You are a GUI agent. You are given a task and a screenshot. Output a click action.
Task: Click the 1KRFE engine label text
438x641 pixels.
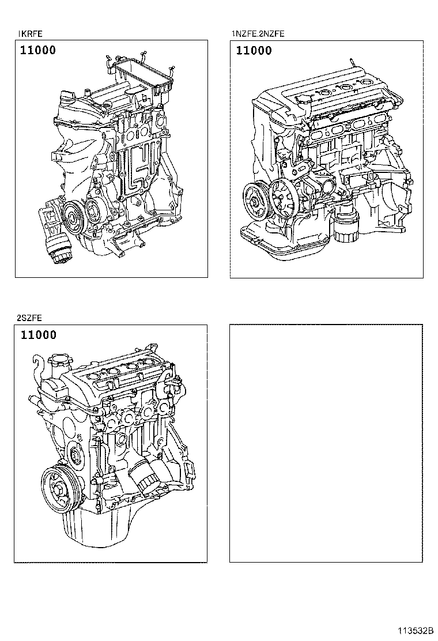[x=31, y=34]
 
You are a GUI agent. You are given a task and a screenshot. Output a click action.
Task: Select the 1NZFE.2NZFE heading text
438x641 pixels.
[x=258, y=34]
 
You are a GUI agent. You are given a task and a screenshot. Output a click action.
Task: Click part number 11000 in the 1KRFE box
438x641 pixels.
[x=39, y=50]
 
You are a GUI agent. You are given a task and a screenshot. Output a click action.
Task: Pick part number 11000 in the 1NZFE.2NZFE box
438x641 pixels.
[x=254, y=51]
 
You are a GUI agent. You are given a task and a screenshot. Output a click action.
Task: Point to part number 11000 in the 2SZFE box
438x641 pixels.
[x=39, y=335]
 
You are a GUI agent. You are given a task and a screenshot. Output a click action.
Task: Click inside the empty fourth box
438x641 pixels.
[x=326, y=443]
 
